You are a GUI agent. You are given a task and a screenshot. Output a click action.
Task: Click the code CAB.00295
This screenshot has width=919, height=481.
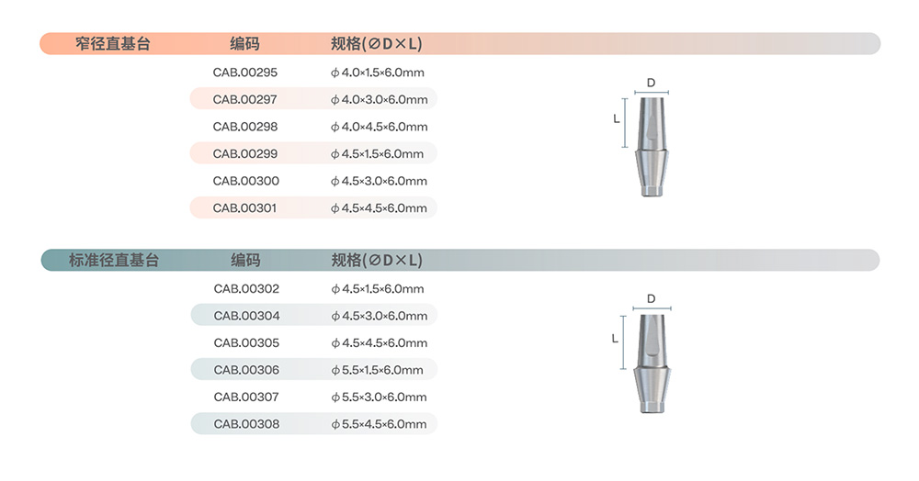click(x=245, y=73)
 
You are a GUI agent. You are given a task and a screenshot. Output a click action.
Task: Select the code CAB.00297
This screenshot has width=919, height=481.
click(x=245, y=99)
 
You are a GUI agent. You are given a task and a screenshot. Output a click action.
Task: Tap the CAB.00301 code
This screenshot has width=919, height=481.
click(x=244, y=207)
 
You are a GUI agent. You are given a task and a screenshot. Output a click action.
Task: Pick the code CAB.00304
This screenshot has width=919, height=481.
click(x=246, y=316)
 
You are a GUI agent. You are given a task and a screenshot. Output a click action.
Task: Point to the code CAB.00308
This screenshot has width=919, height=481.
click(x=246, y=424)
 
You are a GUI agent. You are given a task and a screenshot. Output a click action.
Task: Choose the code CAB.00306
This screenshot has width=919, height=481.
click(x=246, y=370)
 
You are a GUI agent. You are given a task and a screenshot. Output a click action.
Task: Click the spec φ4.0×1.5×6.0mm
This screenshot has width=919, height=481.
click(x=378, y=73)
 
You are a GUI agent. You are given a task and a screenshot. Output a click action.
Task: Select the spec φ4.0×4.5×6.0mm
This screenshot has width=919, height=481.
click(x=380, y=127)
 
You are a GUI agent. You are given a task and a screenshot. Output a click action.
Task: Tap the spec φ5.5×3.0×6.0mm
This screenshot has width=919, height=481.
click(x=380, y=397)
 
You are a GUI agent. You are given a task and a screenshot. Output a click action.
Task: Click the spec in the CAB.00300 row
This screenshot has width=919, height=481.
click(x=379, y=182)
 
